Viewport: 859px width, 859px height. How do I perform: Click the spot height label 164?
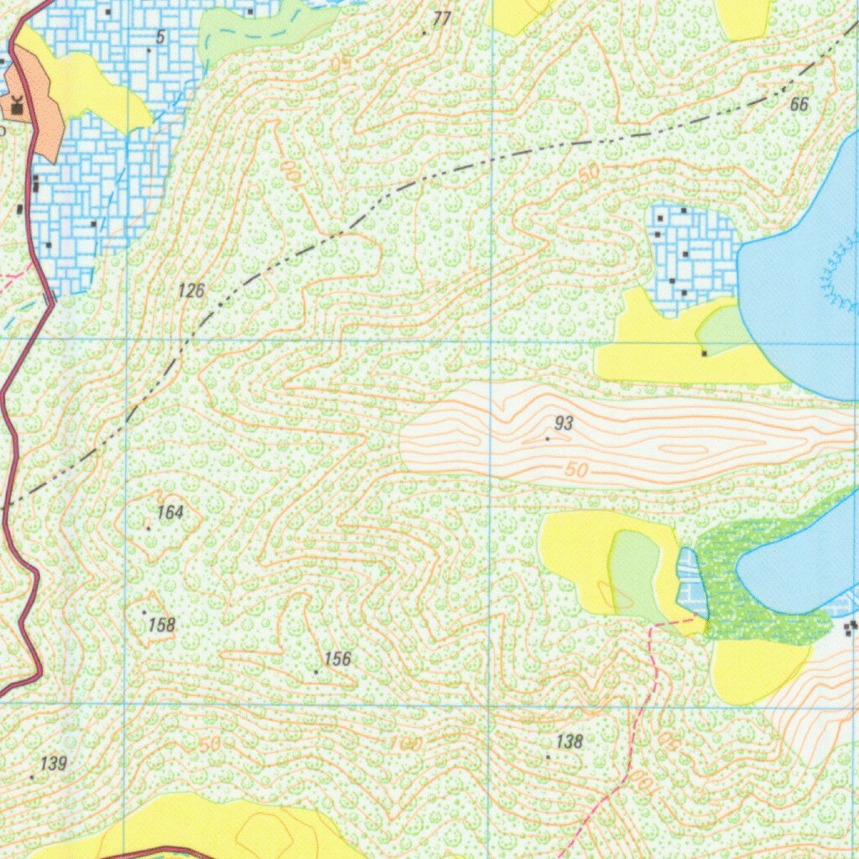[170, 512]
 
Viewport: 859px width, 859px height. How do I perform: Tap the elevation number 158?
[161, 625]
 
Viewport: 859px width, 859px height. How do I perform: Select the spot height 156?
[337, 659]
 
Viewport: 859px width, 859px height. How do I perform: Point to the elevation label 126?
[191, 291]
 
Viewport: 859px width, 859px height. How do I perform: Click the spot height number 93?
[564, 424]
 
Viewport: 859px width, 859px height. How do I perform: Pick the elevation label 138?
[569, 742]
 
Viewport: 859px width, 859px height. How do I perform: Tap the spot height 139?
[53, 763]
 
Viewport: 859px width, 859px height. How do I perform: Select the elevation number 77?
[442, 18]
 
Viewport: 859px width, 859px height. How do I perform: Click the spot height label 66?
[799, 105]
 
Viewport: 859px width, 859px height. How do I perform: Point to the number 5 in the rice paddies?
[159, 36]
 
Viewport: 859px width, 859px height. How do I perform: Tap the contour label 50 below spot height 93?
[576, 471]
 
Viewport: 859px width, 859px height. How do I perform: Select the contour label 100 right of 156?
[406, 744]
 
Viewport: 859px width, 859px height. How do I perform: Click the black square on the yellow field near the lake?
[704, 353]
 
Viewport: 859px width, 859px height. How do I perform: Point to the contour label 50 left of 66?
[589, 173]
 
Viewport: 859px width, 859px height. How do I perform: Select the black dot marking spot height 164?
[148, 528]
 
